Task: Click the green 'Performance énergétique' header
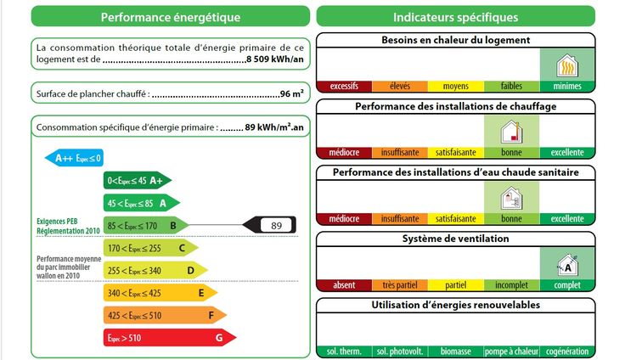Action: point(170,17)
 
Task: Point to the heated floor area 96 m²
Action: point(292,93)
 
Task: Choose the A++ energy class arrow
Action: point(74,158)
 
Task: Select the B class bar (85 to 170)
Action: point(144,225)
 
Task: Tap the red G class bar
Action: point(167,337)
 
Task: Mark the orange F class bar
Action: point(163,315)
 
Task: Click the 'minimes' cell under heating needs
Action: point(567,87)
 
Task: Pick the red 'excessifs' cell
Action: point(344,87)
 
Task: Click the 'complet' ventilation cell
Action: point(567,285)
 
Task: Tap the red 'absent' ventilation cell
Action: point(344,285)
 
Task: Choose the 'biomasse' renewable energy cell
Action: point(456,352)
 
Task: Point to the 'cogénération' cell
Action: point(567,352)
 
